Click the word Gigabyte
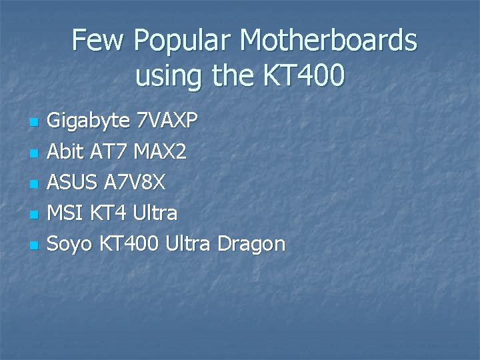coord(89,121)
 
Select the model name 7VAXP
coord(167,121)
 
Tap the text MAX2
coord(160,152)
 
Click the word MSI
coord(65,213)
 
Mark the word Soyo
coord(71,244)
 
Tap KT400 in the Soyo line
coord(129,244)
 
